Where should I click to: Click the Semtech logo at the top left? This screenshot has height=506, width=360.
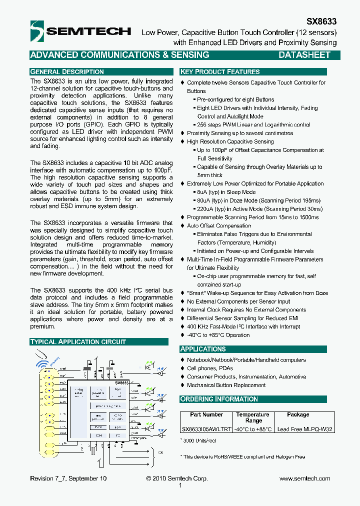click(80, 31)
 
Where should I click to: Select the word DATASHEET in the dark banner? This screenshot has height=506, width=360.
click(304, 55)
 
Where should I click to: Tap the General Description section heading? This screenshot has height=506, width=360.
click(67, 71)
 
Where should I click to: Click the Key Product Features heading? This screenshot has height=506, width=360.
click(220, 71)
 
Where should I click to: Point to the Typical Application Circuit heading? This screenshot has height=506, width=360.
click(78, 341)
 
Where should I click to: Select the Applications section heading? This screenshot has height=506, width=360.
click(203, 349)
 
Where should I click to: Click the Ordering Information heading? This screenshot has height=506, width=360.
click(219, 399)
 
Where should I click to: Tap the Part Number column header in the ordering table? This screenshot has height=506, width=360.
click(206, 414)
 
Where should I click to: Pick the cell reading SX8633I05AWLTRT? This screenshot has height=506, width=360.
click(206, 429)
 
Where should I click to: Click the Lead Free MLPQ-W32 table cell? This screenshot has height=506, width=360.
click(305, 429)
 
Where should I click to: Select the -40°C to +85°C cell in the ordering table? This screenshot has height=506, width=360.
click(253, 429)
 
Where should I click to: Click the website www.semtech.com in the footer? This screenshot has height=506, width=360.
click(304, 478)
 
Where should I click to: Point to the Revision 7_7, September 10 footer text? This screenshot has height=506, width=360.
click(68, 478)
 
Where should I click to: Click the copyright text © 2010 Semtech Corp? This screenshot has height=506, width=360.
click(177, 478)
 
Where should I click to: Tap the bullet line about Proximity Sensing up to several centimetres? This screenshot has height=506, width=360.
click(240, 133)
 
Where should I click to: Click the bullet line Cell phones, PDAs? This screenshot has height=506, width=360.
click(210, 368)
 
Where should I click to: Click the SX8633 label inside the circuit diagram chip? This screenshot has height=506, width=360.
click(122, 382)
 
